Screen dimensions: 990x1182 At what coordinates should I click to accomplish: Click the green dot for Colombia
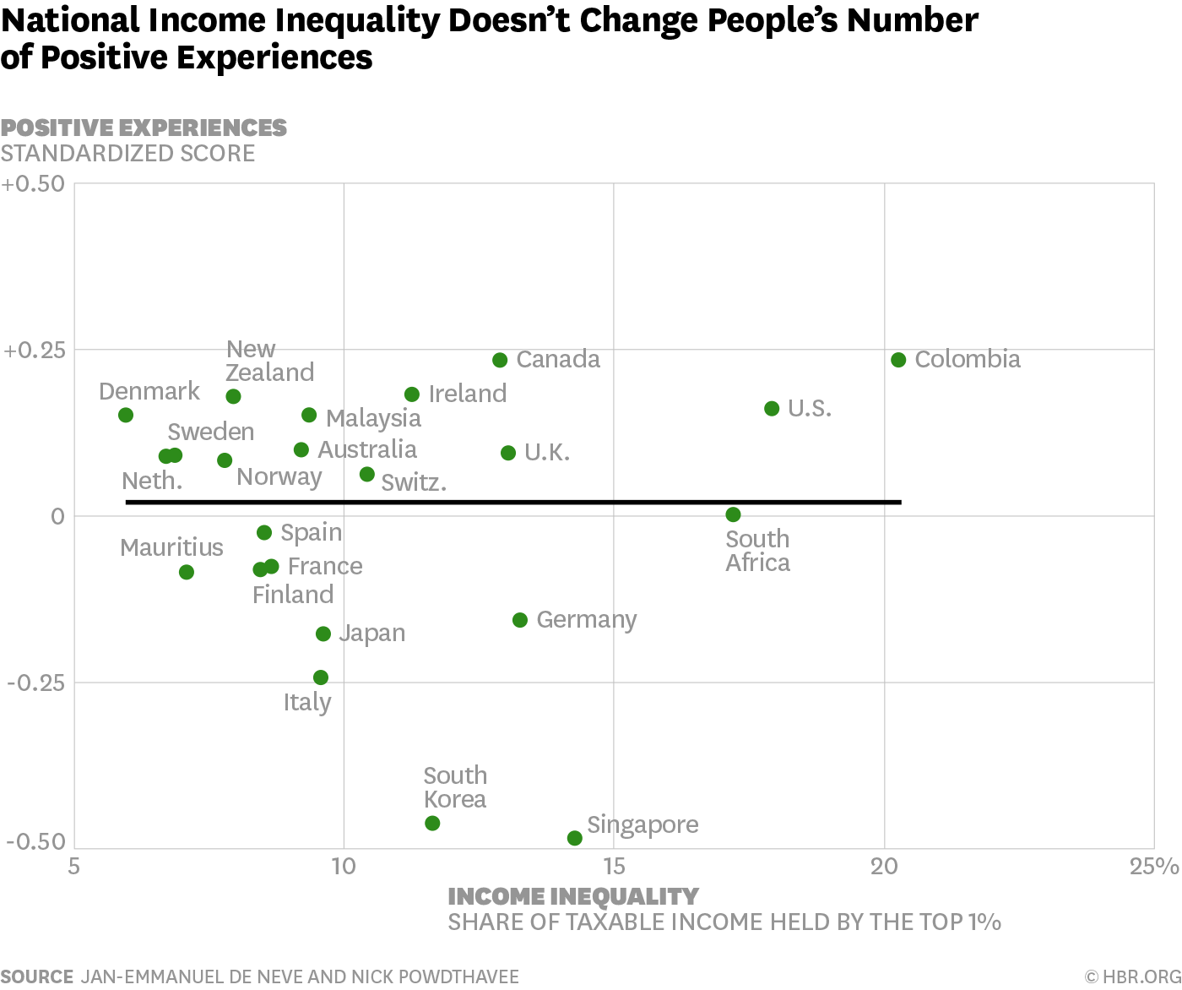pyautogui.click(x=898, y=360)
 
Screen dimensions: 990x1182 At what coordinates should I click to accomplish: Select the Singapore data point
pyautogui.click(x=575, y=838)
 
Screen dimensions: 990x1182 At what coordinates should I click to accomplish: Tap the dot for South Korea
pyautogui.click(x=432, y=823)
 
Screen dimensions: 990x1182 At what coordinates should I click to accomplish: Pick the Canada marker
pyautogui.click(x=500, y=360)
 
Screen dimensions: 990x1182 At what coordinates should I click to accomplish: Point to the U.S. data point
pyautogui.click(x=772, y=409)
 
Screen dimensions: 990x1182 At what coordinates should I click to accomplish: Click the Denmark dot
pyautogui.click(x=126, y=415)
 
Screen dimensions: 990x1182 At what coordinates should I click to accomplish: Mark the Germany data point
pyautogui.click(x=520, y=620)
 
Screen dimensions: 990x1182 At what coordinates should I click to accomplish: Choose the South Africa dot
pyautogui.click(x=733, y=514)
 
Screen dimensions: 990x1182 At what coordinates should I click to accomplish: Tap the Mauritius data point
pyautogui.click(x=187, y=572)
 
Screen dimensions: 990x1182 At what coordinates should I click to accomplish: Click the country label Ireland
pyautogui.click(x=467, y=394)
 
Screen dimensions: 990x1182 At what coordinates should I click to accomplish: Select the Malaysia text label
pyautogui.click(x=373, y=418)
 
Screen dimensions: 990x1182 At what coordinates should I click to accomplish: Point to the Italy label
pyautogui.click(x=307, y=702)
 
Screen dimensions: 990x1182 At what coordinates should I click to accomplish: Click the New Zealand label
pyautogui.click(x=269, y=361)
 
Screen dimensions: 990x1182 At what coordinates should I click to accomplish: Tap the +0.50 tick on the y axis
pyautogui.click(x=33, y=184)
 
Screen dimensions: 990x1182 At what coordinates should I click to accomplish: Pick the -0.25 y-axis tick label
pyautogui.click(x=35, y=683)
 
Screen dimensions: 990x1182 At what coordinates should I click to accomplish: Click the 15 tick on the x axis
pyautogui.click(x=614, y=867)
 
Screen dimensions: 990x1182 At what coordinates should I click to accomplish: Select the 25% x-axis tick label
pyautogui.click(x=1154, y=867)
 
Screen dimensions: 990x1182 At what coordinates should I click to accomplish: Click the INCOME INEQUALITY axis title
pyautogui.click(x=572, y=896)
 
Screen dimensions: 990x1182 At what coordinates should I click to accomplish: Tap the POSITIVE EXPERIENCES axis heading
pyautogui.click(x=144, y=128)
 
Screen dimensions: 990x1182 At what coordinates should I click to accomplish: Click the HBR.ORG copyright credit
pyautogui.click(x=1132, y=976)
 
